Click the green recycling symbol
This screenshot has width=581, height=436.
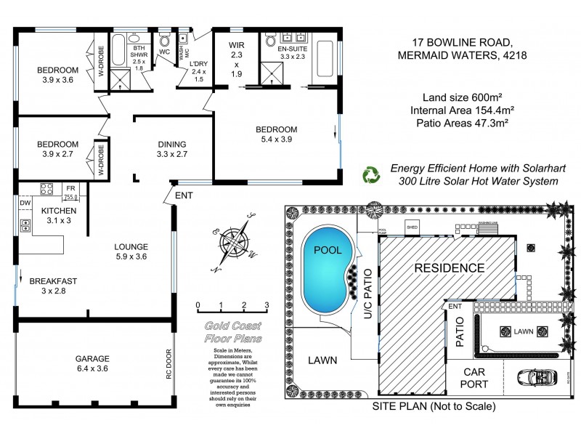pos(372,174)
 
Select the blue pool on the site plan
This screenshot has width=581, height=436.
pos(325,270)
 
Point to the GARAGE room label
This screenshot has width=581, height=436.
pos(93,358)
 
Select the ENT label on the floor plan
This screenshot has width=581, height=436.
pos(184,195)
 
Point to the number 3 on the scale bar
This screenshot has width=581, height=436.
pos(267,304)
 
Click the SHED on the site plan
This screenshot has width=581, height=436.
pos(413,225)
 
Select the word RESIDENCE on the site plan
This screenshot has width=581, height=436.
pos(449,267)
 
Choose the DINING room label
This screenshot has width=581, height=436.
pos(171,144)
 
